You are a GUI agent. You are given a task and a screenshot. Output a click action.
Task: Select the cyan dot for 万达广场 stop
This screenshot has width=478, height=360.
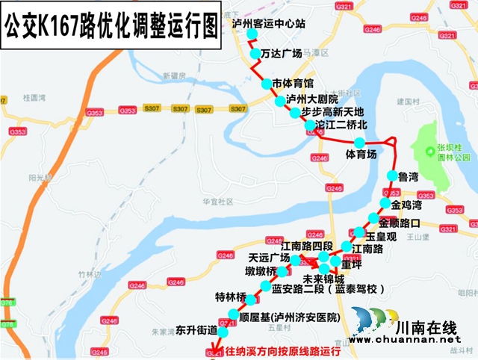252,55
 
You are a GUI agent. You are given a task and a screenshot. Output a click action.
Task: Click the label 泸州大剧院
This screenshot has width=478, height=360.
313,99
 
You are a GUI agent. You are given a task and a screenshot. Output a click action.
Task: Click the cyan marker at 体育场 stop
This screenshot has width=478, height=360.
359,143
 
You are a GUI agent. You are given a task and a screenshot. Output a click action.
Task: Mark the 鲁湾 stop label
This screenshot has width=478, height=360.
408,176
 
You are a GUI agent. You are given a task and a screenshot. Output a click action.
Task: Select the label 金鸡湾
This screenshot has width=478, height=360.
406,205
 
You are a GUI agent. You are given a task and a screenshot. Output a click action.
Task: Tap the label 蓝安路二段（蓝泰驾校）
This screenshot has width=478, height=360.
328,289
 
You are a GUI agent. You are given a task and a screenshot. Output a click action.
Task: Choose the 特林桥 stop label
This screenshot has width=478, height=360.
230,297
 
